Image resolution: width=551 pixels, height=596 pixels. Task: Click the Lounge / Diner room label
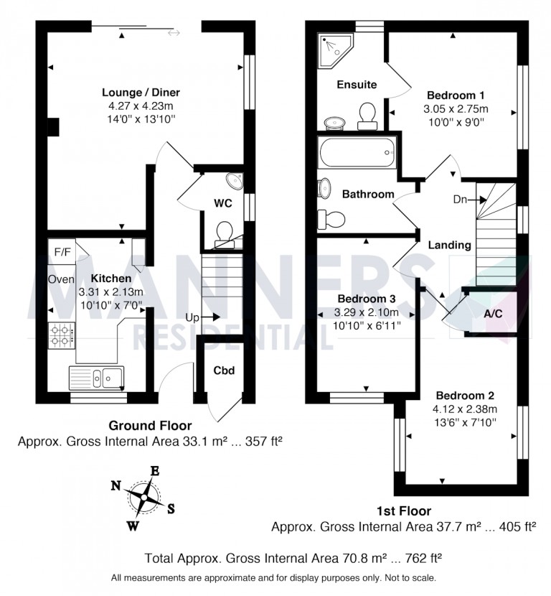pos(141,93)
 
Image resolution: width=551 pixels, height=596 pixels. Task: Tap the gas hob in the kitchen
pos(62,335)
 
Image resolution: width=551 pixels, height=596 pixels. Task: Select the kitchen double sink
pos(96,376)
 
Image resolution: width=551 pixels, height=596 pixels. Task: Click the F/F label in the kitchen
pos(62,252)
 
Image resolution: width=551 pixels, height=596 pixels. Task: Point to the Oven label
pos(62,279)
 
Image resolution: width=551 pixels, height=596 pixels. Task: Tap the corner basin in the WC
pos(235,180)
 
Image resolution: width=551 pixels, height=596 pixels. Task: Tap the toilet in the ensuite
pos(368,116)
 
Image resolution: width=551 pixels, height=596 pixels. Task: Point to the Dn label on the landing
pos(461,200)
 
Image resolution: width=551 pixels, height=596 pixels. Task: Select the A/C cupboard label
pos(493,314)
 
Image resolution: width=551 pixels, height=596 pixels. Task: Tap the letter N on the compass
pos(116,485)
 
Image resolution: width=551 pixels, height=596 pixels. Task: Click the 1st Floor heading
pos(404,511)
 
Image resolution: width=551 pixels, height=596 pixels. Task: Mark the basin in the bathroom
pos(325,187)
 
